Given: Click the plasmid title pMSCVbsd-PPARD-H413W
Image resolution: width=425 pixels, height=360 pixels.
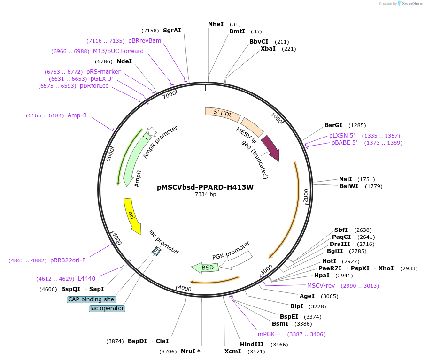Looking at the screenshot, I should (x=205, y=187).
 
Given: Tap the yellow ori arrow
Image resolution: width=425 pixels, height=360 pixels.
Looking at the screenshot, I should (x=131, y=215).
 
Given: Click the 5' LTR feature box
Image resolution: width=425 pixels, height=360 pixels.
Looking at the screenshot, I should (x=222, y=113).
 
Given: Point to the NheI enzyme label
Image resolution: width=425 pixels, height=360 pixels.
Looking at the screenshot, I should (x=216, y=24).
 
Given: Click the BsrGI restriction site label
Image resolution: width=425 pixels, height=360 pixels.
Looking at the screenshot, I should (x=335, y=125).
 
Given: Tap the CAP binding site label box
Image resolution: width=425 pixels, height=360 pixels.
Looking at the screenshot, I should (x=92, y=299).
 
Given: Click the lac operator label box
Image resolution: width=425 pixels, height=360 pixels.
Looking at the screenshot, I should (x=107, y=308).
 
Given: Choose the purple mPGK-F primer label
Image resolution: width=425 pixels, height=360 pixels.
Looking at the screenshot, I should (x=269, y=334).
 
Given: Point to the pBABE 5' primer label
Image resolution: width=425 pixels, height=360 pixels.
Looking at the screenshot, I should (x=344, y=143).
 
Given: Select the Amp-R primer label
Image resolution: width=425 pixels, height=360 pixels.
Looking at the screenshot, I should (x=77, y=115).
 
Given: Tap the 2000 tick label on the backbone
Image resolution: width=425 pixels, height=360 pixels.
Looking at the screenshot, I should (x=306, y=196).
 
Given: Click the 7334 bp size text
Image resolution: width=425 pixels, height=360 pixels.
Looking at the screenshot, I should (x=205, y=194).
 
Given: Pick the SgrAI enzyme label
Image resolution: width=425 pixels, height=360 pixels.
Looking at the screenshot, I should (x=172, y=31).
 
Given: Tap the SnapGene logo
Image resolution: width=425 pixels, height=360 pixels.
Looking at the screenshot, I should (x=410, y=4).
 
